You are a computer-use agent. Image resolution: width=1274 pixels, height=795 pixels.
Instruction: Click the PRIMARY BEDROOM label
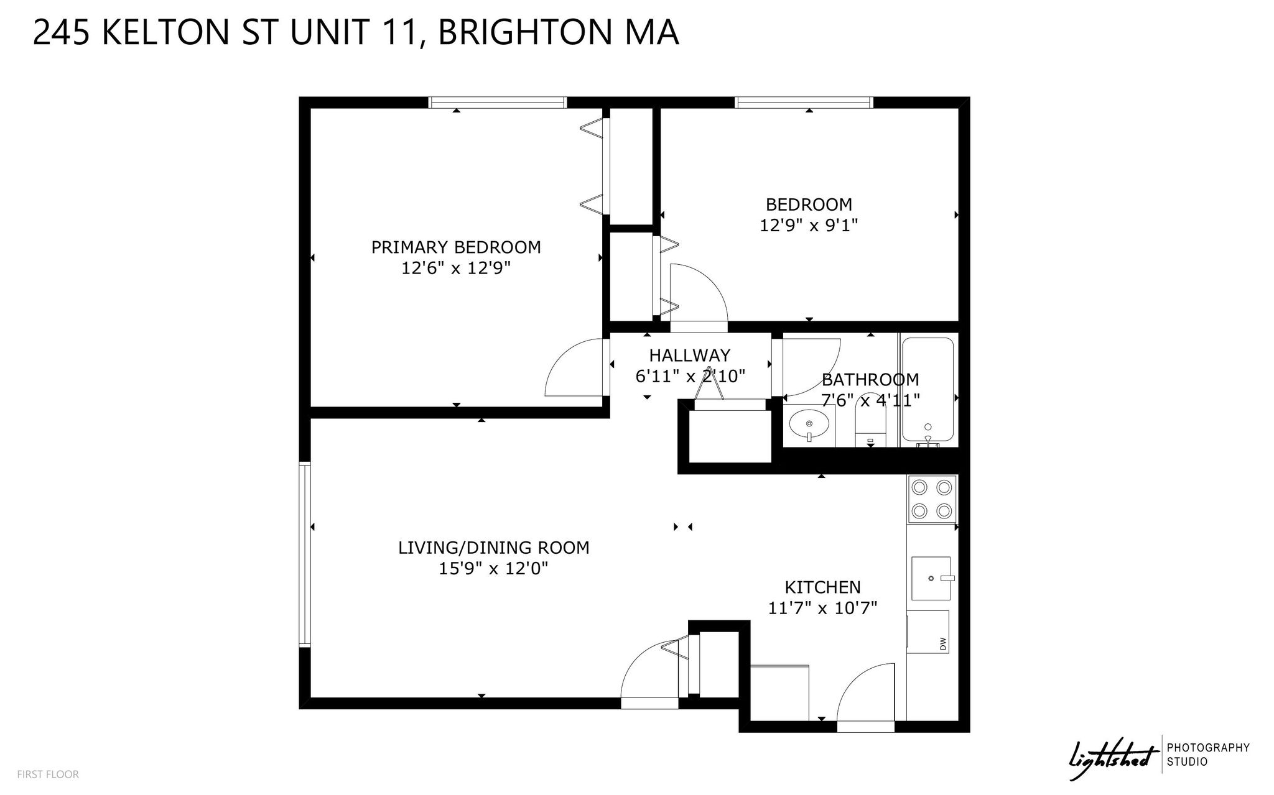(x=456, y=247)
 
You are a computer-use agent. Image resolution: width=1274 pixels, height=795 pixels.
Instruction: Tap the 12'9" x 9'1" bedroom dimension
(x=809, y=225)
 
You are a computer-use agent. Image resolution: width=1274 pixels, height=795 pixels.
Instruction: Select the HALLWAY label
(x=690, y=356)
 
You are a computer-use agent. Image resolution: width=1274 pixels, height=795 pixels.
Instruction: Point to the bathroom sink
(x=809, y=426)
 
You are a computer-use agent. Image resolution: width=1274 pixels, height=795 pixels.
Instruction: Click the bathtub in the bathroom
(x=928, y=391)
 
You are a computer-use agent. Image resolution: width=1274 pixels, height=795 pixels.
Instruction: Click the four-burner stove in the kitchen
(x=932, y=499)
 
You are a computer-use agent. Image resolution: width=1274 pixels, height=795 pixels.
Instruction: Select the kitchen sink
(x=931, y=578)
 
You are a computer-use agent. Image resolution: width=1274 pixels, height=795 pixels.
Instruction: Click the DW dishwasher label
(x=943, y=644)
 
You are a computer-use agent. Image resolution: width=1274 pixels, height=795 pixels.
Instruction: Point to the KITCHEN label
(x=822, y=587)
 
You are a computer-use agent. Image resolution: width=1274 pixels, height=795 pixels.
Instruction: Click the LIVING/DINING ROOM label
(x=494, y=548)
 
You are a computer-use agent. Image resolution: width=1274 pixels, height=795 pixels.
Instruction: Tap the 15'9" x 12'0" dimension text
(x=493, y=569)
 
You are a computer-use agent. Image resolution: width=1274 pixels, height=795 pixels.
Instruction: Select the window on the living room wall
(x=305, y=554)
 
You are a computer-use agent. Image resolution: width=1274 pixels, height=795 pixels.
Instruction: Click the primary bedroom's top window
(x=497, y=103)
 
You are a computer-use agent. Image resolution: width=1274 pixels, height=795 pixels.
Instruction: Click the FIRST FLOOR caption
(x=48, y=774)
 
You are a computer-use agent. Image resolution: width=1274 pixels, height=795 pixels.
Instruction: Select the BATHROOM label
(x=870, y=380)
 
